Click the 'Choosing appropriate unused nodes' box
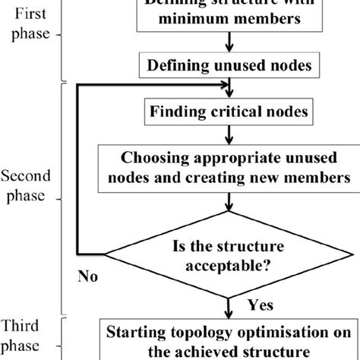coord(229,169)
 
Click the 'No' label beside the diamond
coord(88,279)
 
